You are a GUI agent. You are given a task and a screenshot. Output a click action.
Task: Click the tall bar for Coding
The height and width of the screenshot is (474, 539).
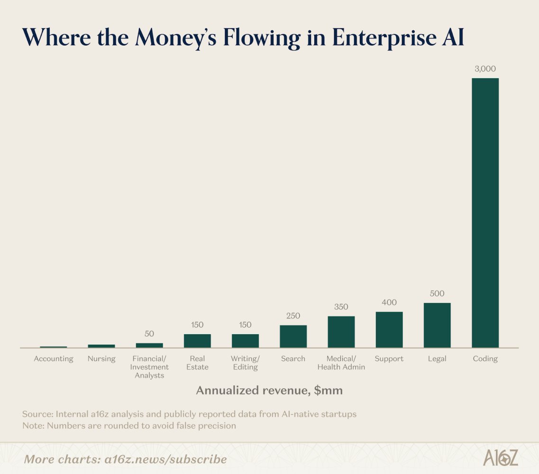[485, 213]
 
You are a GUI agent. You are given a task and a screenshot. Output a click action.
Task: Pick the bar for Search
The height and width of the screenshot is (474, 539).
[293, 336]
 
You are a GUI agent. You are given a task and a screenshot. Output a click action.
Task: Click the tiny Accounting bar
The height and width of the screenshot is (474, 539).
[54, 347]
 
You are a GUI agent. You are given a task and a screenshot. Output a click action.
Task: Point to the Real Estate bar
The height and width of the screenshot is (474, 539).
[197, 341]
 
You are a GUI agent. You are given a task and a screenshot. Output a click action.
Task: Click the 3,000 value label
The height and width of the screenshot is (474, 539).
[485, 69]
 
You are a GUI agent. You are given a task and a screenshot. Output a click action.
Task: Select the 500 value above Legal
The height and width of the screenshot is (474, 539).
[437, 293]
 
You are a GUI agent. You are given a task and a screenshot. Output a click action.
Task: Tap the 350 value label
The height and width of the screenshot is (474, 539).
[341, 307]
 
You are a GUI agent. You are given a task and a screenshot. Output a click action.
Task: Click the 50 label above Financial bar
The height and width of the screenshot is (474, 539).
[149, 334]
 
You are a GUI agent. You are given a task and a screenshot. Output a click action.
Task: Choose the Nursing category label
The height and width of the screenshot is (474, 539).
[101, 359]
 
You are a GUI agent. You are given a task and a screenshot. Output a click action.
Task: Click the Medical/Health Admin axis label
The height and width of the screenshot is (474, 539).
[341, 363]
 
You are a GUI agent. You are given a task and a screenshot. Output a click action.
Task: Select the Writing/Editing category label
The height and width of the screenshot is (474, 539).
[245, 363]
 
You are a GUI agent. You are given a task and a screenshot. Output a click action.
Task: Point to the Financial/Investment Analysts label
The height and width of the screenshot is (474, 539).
[149, 367]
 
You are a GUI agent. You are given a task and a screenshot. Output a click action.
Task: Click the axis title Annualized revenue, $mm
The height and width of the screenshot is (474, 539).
[269, 391]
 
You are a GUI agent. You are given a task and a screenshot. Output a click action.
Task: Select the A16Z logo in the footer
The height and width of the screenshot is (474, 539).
[501, 458]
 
